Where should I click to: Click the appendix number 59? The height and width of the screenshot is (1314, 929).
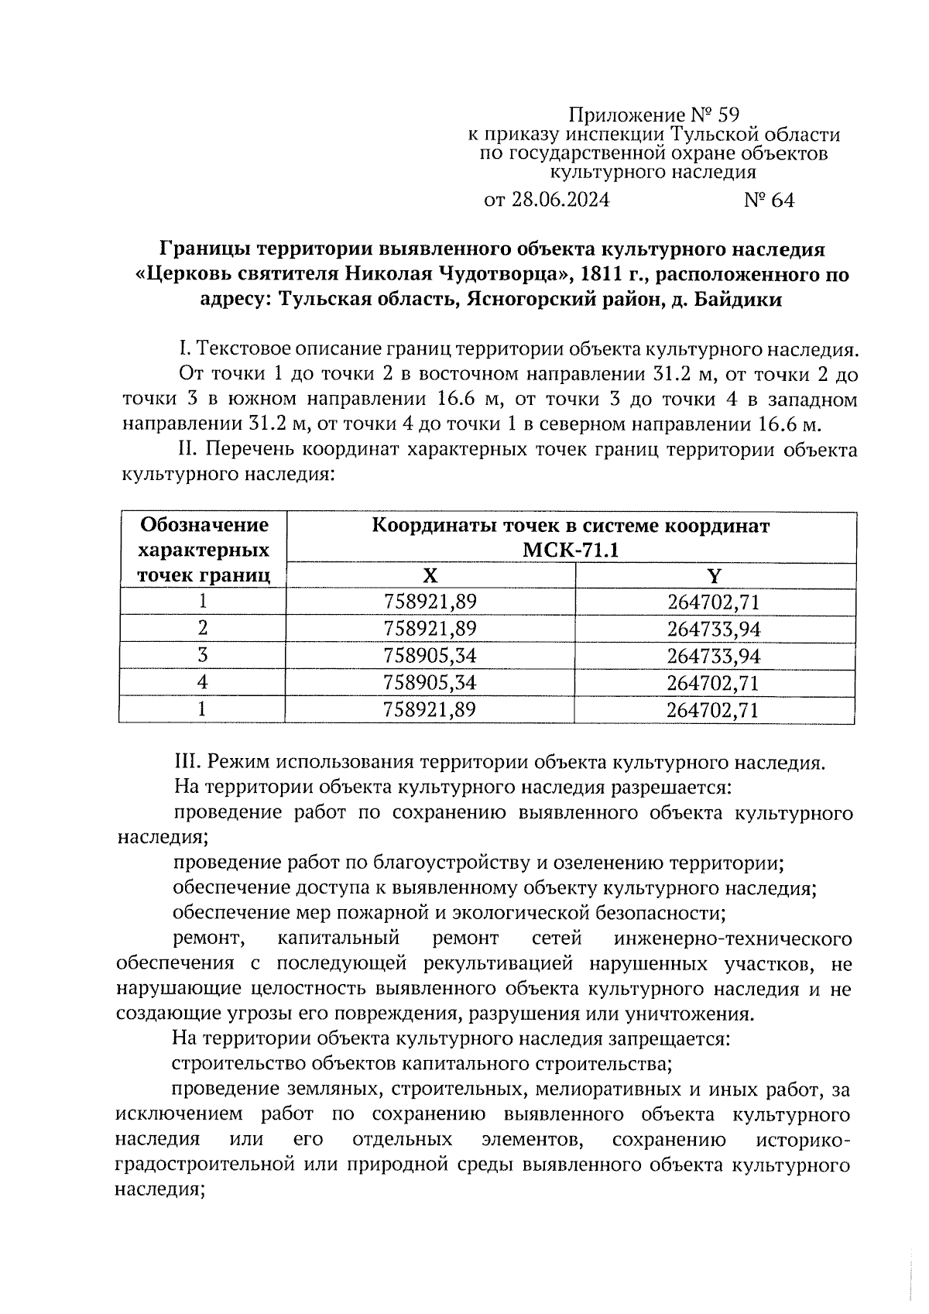728,116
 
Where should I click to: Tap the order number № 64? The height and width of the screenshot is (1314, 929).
769,200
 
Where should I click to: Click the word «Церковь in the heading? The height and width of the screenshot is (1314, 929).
181,274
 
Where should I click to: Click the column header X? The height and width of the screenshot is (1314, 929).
430,575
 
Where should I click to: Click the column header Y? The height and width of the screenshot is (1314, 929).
715,575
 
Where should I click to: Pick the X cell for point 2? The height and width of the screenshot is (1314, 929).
430,629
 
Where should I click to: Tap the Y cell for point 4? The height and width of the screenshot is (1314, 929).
713,683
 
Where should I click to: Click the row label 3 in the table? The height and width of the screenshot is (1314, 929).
202,656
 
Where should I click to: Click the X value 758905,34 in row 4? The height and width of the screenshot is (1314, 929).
430,683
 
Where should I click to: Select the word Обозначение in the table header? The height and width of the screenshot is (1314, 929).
204,525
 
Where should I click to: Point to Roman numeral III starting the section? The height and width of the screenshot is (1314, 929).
184,762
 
